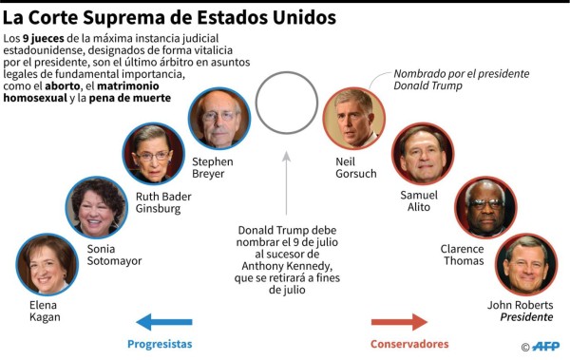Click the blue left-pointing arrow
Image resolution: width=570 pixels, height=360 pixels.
click(165, 323)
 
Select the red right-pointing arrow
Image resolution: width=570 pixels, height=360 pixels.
click(399, 323)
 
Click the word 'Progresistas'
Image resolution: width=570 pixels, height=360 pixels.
click(160, 344)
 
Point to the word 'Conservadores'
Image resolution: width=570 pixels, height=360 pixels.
click(409, 344)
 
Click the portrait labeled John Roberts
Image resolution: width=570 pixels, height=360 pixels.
click(525, 263)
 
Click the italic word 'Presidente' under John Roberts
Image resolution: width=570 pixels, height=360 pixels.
click(526, 317)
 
